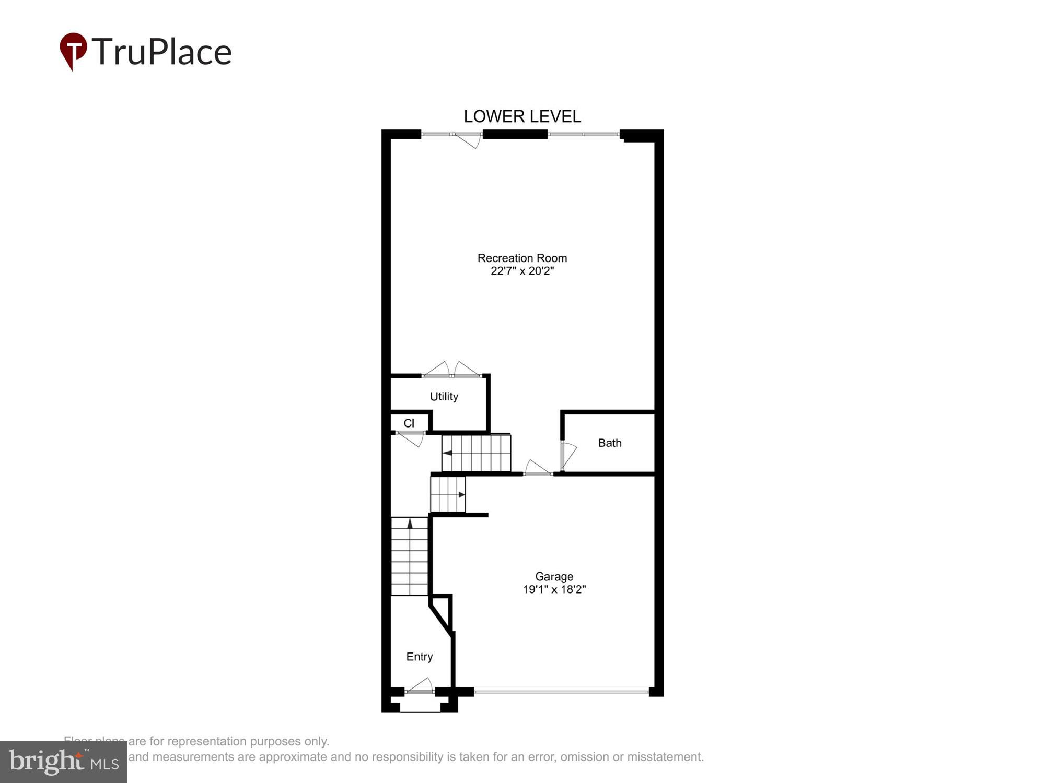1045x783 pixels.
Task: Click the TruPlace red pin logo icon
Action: [x=73, y=51]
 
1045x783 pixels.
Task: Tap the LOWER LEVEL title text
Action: [x=522, y=116]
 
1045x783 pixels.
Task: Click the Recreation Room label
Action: [x=522, y=258]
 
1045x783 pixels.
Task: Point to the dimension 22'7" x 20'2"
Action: [x=522, y=271]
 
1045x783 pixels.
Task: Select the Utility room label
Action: [x=444, y=397]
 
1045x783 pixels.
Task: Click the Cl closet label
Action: [x=409, y=423]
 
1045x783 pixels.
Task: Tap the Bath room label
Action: [x=609, y=443]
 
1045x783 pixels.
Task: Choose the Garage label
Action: [x=554, y=576]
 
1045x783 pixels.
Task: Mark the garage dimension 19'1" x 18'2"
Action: [x=554, y=589]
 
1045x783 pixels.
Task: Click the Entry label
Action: [x=419, y=657]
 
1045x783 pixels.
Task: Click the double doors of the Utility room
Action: [x=451, y=370]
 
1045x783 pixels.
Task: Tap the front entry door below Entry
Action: [x=420, y=686]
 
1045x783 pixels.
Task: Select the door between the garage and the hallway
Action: [x=538, y=468]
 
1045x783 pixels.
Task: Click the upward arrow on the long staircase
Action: [x=410, y=523]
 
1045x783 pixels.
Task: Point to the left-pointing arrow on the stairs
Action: [x=447, y=453]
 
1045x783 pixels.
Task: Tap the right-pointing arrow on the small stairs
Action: [x=461, y=494]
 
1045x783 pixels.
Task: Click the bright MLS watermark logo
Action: [x=64, y=762]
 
